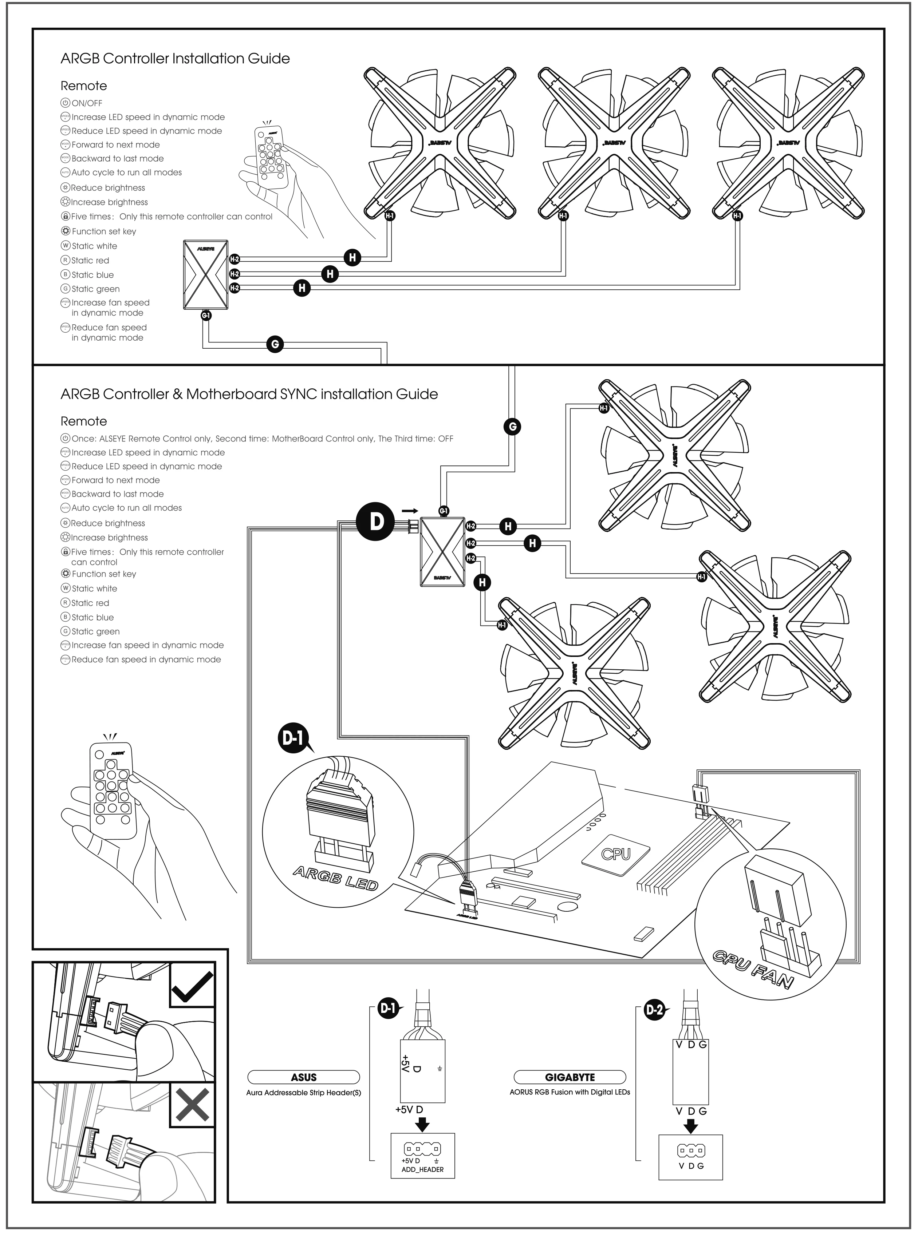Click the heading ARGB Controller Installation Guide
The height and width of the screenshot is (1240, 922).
point(175,59)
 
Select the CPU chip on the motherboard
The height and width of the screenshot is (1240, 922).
point(616,853)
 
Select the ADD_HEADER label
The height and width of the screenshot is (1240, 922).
point(422,1169)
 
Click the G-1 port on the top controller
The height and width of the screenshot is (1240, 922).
point(206,316)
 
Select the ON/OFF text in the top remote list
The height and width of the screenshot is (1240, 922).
point(87,103)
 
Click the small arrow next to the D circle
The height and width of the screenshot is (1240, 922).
point(410,510)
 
